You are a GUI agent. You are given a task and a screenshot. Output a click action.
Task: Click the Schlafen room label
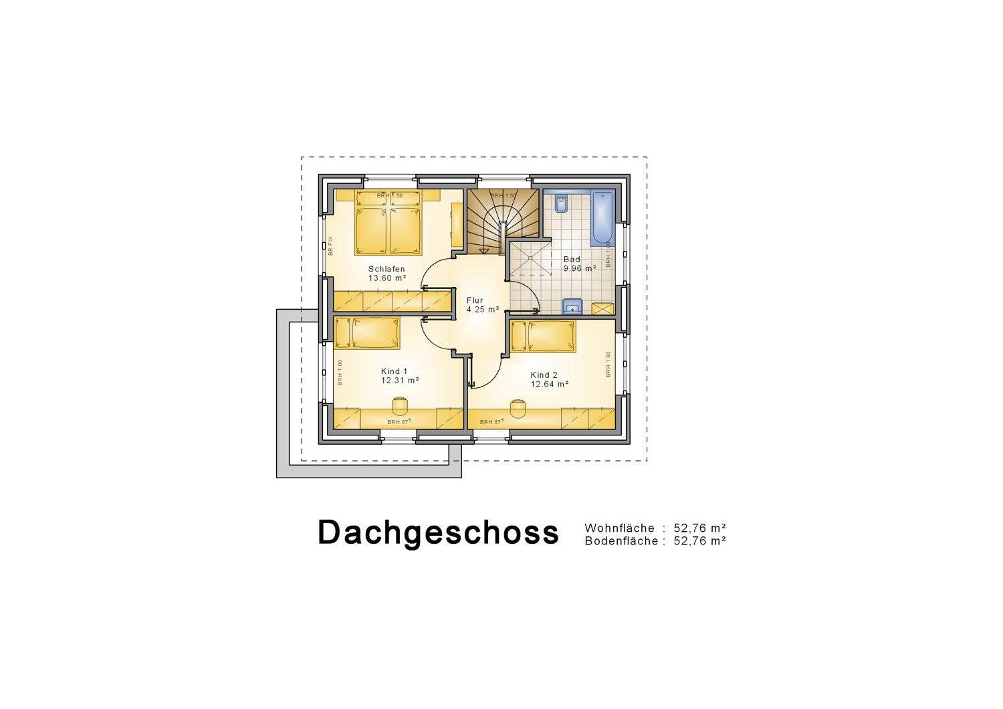[386, 269]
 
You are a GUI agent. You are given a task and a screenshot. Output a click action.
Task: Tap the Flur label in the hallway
[475, 300]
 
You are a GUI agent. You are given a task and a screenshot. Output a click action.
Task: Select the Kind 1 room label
[395, 371]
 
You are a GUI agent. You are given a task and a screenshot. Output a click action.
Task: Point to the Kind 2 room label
[544, 375]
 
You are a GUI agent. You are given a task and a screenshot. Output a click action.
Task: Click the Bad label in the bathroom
[572, 260]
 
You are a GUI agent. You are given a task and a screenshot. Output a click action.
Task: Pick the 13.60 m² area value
[388, 278]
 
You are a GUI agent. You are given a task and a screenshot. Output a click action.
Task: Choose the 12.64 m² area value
[550, 384]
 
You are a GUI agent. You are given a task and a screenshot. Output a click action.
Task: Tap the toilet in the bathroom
[562, 203]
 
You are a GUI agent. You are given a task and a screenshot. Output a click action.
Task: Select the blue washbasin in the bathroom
[572, 307]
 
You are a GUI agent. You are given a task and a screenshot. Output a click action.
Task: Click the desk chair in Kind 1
[400, 406]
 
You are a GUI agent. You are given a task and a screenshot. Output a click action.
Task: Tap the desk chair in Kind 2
[518, 407]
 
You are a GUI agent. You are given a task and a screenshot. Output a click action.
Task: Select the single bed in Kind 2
[543, 336]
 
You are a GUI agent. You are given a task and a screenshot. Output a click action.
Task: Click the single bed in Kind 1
[367, 332]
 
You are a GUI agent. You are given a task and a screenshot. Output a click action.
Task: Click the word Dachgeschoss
[438, 532]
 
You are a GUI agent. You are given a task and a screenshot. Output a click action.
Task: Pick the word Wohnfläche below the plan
[619, 528]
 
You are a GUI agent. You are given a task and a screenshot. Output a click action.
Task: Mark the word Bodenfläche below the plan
[621, 541]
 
